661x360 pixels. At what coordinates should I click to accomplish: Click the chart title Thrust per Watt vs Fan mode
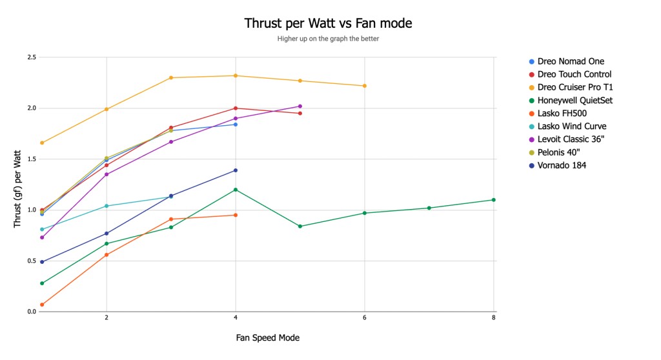(x=328, y=23)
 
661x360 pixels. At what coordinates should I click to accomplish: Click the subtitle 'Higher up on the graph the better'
(x=328, y=39)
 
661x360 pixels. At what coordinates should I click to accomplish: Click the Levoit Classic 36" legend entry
(x=575, y=139)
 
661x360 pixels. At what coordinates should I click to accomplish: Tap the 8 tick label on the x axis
(x=494, y=318)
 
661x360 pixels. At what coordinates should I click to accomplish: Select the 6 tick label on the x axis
(x=365, y=318)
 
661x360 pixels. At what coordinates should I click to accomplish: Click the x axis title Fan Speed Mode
(x=267, y=337)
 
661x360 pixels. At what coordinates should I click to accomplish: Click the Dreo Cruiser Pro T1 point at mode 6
(x=365, y=86)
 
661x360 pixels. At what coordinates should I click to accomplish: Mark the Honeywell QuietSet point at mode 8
(x=494, y=200)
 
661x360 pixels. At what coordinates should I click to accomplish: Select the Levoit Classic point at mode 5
(x=300, y=106)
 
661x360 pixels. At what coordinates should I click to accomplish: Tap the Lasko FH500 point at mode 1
(x=42, y=305)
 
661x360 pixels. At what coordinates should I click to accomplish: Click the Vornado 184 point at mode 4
(x=236, y=170)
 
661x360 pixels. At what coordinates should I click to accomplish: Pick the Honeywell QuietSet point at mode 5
(x=300, y=226)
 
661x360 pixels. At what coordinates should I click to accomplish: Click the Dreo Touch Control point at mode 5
(x=300, y=114)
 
